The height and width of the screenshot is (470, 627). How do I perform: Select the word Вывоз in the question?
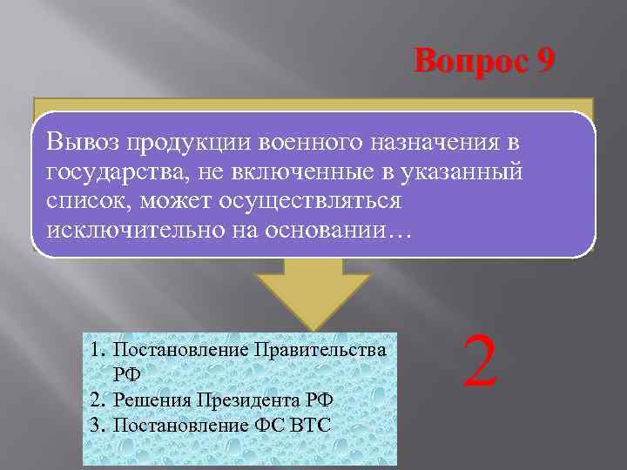(83, 140)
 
